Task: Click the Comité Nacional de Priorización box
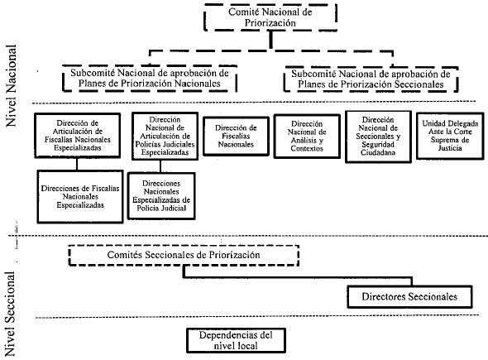(270, 17)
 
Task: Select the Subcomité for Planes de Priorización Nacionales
(150, 78)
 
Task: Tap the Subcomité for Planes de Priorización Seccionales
(371, 79)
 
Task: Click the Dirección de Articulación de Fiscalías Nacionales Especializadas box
(78, 136)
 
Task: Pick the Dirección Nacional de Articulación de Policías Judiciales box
(165, 136)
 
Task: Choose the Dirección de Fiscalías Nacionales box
(236, 136)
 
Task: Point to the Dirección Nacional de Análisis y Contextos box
(307, 136)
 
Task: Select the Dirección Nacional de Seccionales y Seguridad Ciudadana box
(378, 137)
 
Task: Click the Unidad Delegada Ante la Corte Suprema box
(450, 136)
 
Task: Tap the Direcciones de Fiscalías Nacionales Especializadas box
(80, 196)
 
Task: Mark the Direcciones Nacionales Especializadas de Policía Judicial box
(161, 196)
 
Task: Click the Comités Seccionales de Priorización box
(184, 255)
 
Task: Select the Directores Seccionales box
(409, 296)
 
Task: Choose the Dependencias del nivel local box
(236, 340)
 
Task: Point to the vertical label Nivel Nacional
(12, 85)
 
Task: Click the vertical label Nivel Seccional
(10, 314)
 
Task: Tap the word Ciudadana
(378, 152)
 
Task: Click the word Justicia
(450, 148)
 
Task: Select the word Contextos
(307, 148)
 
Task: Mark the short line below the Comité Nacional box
(271, 40)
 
